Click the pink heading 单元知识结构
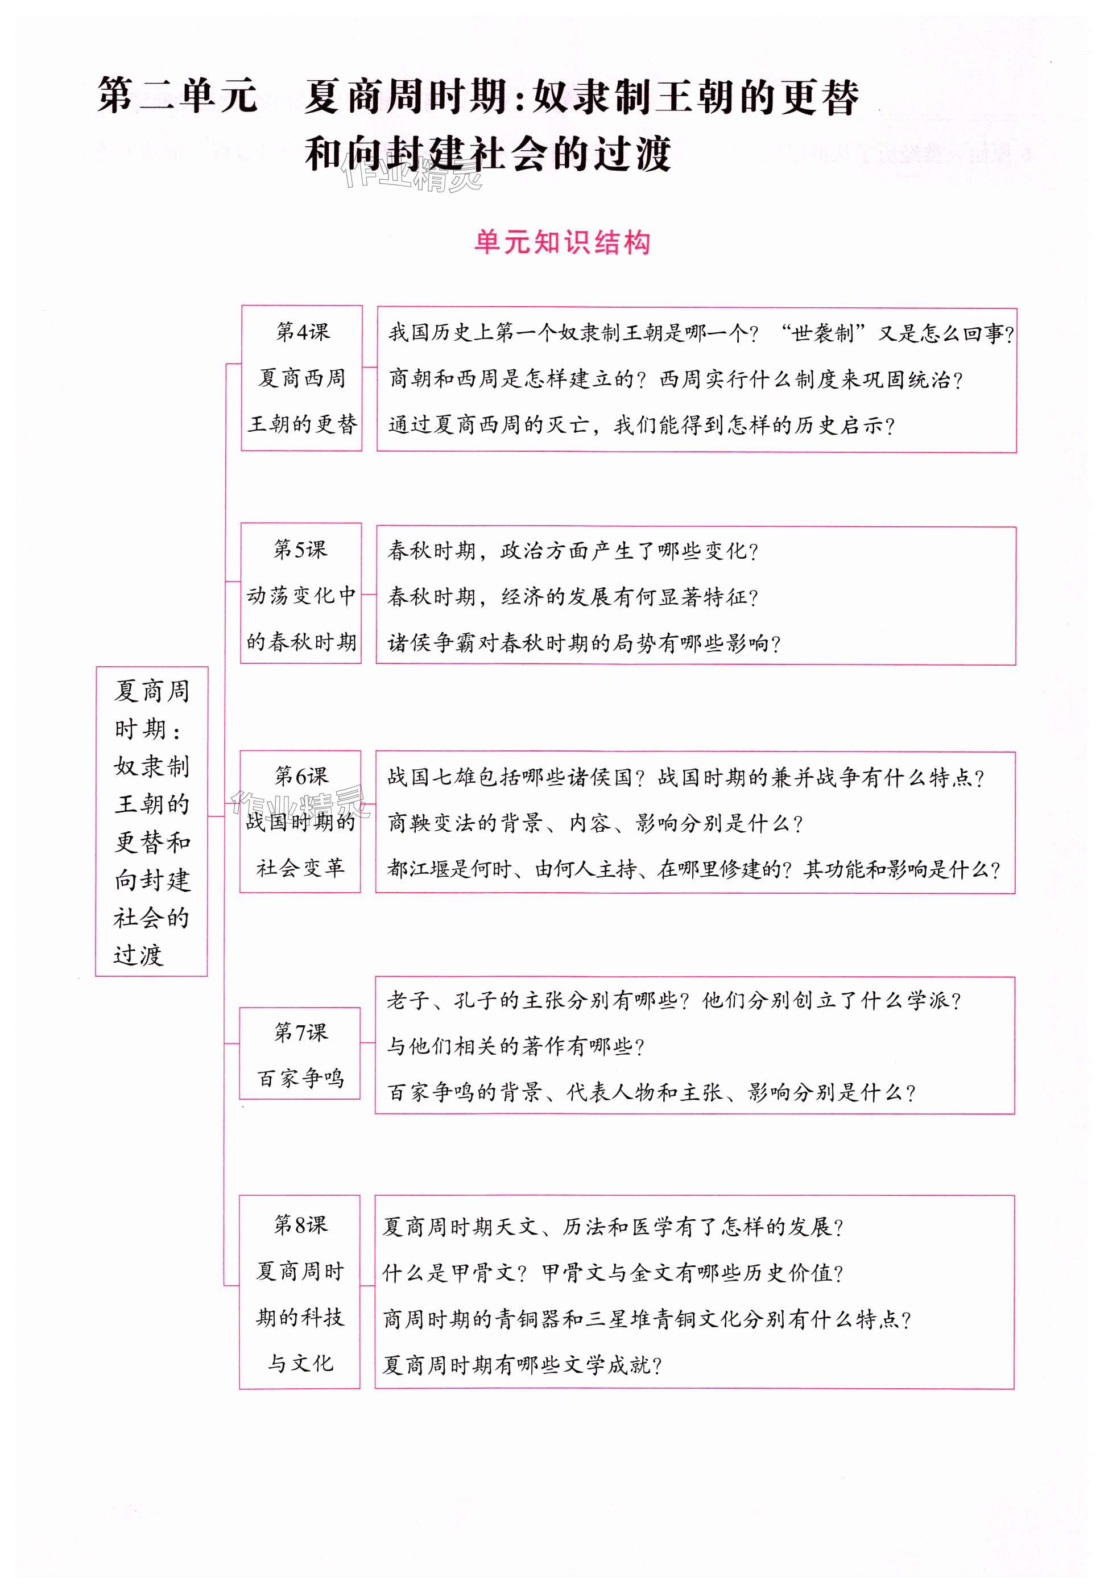pyautogui.click(x=562, y=243)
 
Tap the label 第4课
pyautogui.click(x=302, y=332)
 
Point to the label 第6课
pyautogui.click(x=300, y=776)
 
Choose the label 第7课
pyautogui.click(x=300, y=1033)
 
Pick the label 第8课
pyautogui.click(x=300, y=1225)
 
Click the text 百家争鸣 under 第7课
pyautogui.click(x=300, y=1078)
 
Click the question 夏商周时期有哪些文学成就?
pyautogui.click(x=523, y=1364)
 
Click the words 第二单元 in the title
pyautogui.click(x=177, y=96)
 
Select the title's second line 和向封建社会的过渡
pyautogui.click(x=487, y=154)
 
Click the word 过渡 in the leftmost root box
pyautogui.click(x=138, y=955)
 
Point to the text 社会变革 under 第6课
pyautogui.click(x=300, y=868)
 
